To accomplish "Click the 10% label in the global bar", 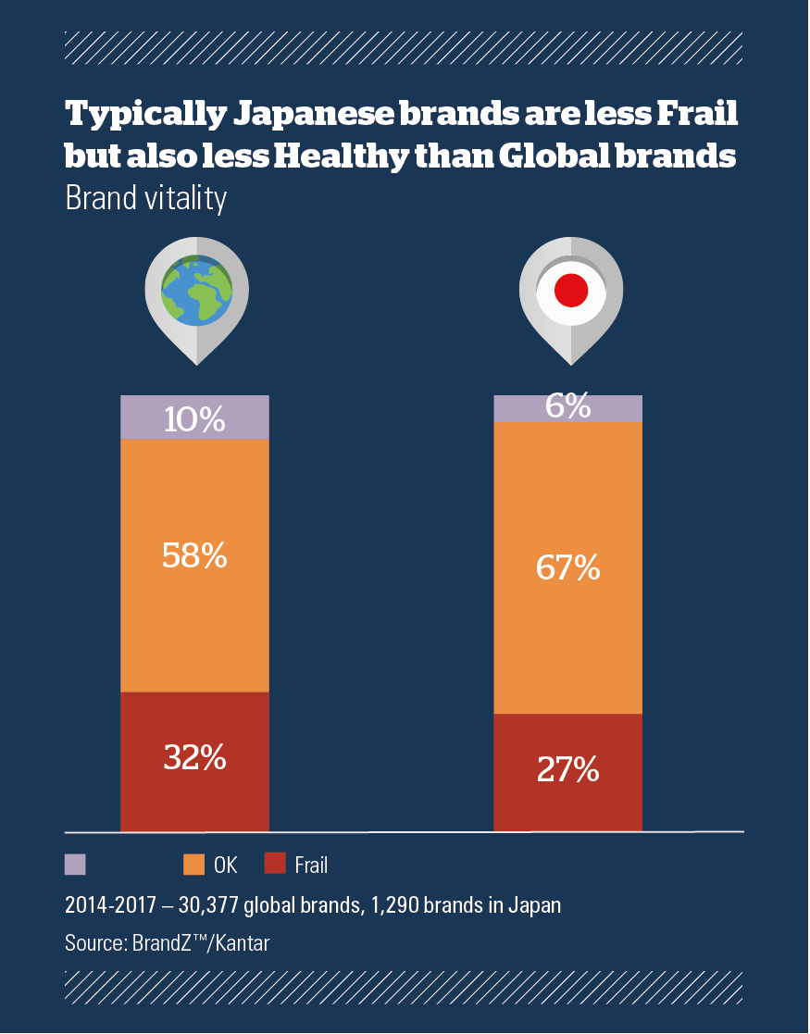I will point(194,420).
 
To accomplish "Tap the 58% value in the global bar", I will point(194,555).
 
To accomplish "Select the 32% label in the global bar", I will point(194,758).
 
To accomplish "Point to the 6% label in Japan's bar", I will point(567,405).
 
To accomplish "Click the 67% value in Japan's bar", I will point(567,567).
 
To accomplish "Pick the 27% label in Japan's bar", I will point(567,770).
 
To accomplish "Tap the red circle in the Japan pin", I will point(571,292).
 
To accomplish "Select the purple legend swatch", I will point(75,865).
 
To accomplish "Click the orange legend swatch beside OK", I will point(193,865).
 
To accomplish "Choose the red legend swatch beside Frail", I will point(275,865).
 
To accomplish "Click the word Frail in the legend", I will point(312,866).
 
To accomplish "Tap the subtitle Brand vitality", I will point(145,199).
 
